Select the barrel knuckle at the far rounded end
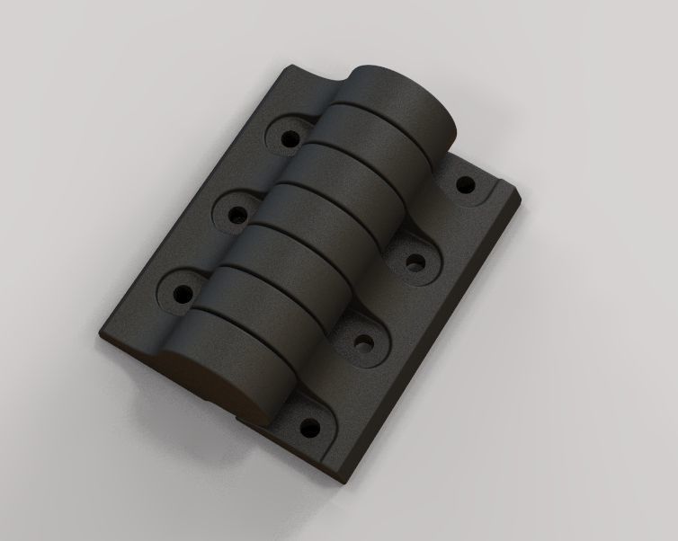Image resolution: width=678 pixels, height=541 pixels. (405, 99)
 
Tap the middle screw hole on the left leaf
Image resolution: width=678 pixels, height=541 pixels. (236, 217)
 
